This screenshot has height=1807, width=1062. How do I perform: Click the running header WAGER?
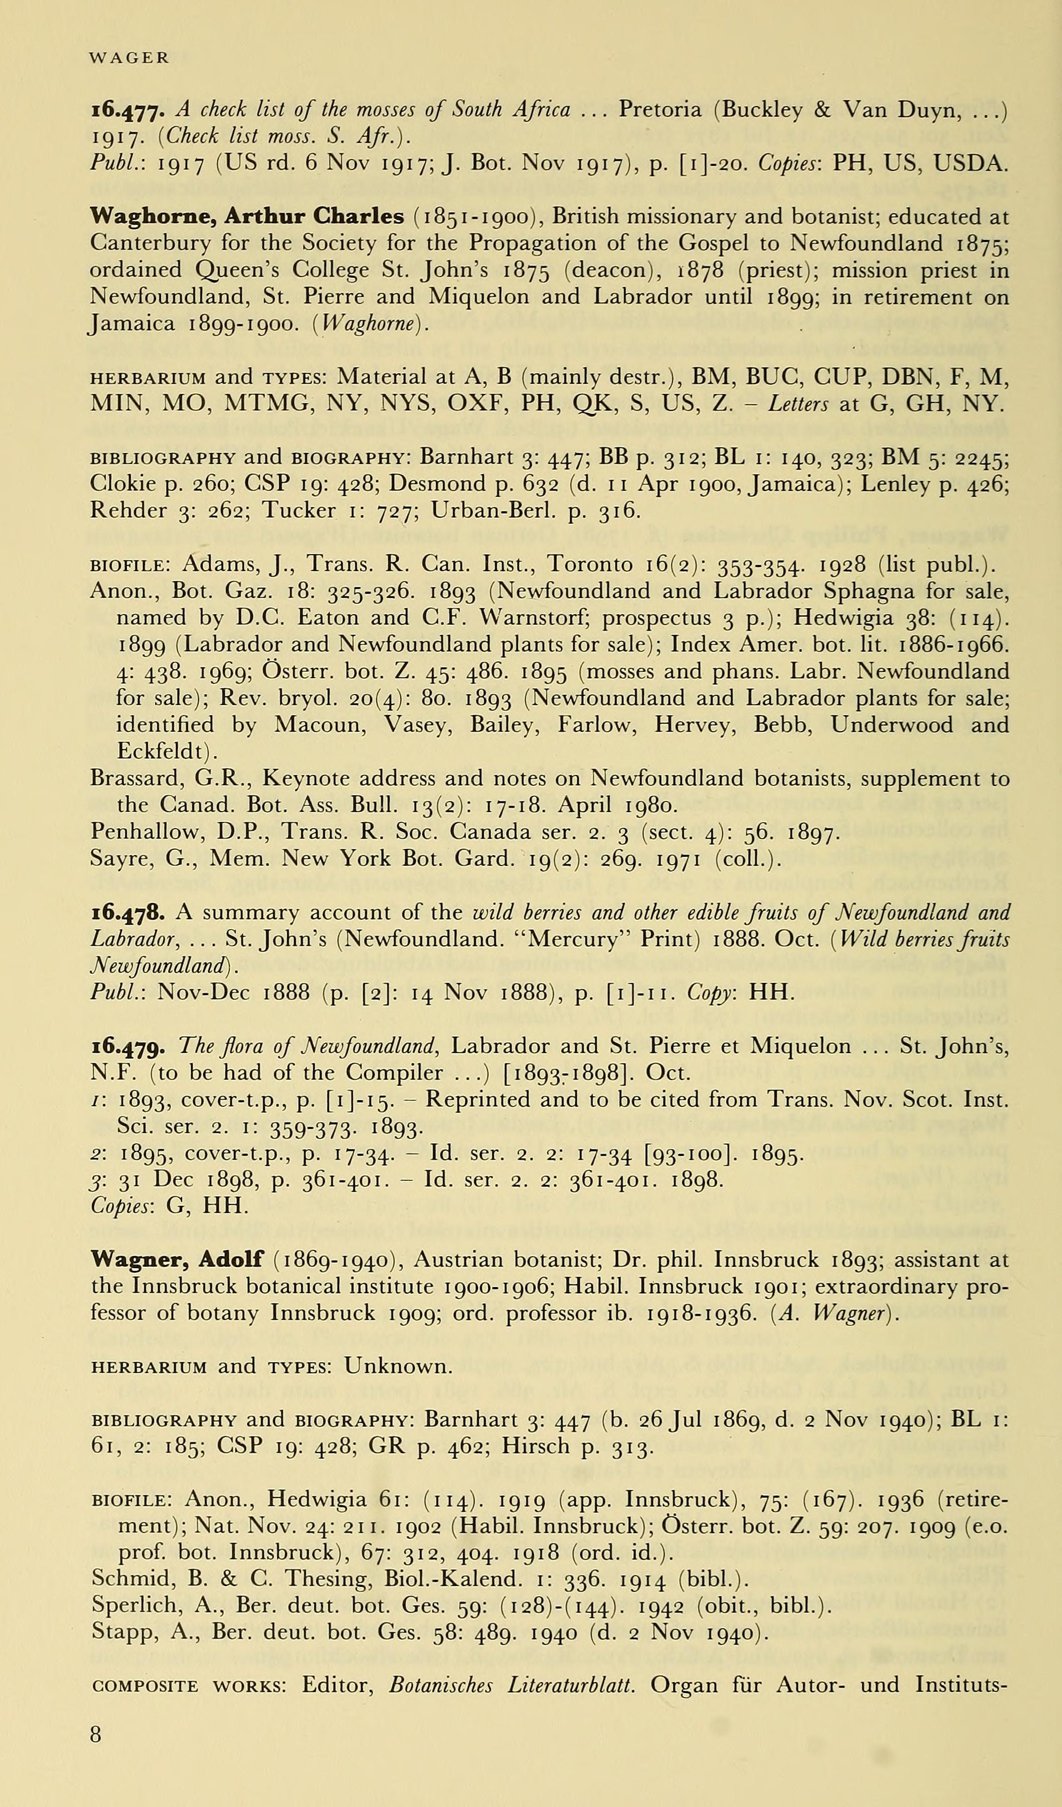coord(129,59)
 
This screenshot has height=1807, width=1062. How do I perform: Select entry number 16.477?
coord(129,111)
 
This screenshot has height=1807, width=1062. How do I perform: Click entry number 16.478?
coord(129,913)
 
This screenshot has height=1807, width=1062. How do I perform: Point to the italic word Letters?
coord(798,404)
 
